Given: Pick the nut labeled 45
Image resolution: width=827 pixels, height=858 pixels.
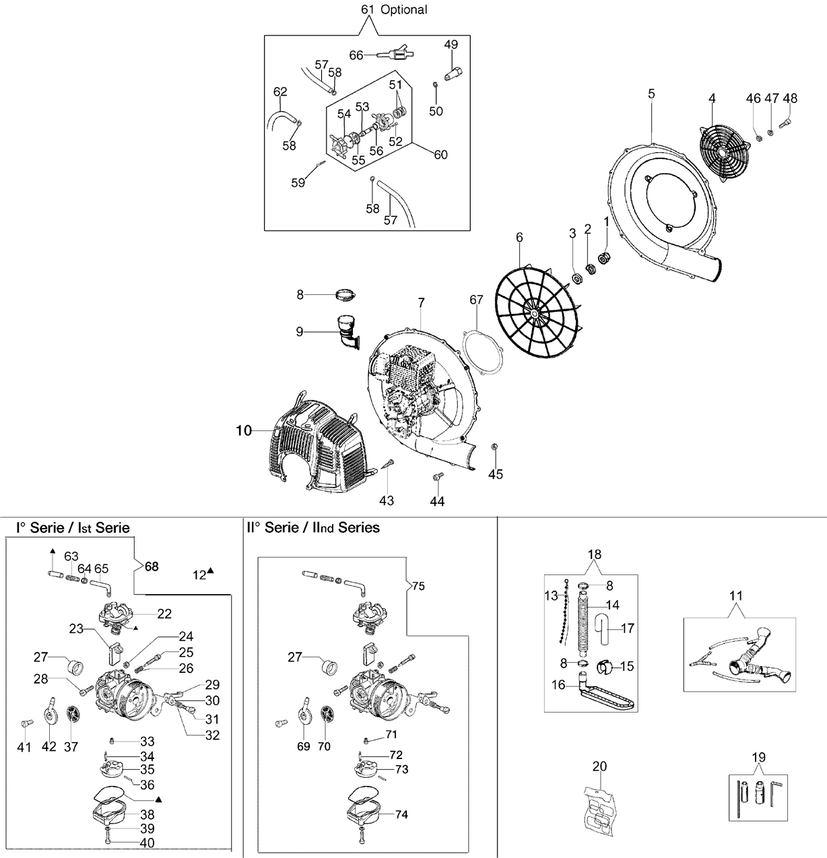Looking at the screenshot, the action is tap(494, 447).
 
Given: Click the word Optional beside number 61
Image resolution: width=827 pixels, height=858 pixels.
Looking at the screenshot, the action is tap(403, 9).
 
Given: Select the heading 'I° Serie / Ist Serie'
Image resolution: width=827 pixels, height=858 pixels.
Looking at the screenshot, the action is tap(73, 528).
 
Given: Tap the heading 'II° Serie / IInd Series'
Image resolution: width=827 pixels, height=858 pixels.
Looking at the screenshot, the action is tap(313, 527).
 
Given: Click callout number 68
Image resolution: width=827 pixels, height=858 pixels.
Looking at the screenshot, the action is tap(152, 566).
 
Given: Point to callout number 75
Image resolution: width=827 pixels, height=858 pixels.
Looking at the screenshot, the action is tap(418, 586).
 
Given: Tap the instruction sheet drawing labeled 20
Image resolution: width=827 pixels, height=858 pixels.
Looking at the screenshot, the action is tap(597, 805).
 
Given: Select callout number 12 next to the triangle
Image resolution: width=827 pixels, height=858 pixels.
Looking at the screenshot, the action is tap(199, 575).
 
